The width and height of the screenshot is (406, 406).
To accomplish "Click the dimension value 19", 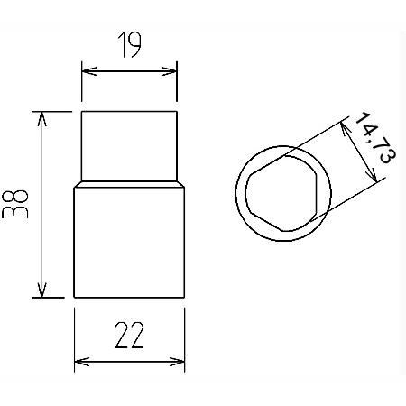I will [128, 46].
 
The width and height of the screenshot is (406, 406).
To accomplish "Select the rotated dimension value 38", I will [17, 205].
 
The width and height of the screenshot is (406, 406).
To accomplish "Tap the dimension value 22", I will [129, 336].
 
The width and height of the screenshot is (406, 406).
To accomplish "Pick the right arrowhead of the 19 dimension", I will [172, 69].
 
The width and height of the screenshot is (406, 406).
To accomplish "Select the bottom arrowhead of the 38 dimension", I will [41, 292].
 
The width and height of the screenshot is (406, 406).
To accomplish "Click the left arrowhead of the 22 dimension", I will [77, 362].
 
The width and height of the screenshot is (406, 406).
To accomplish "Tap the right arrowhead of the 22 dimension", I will [181, 362].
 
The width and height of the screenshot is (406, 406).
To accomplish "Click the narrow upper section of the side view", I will [129, 144].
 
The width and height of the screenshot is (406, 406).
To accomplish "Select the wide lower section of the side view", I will [129, 244].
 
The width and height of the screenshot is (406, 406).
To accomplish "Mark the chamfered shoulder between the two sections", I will [129, 183].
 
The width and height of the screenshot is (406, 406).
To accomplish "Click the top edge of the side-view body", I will [129, 111].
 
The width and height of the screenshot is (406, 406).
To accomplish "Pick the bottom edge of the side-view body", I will [129, 298].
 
